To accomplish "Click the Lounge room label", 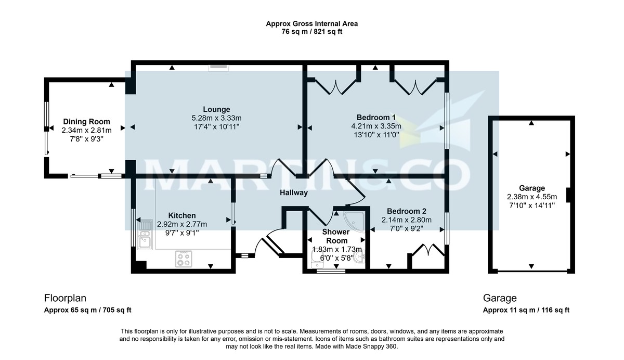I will point(216,109).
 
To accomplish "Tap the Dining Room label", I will point(86,122).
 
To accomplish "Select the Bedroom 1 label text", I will point(376,117).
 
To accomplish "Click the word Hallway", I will point(294,192).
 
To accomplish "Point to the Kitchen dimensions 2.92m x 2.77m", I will point(182,224).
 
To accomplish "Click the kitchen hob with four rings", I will point(184,259).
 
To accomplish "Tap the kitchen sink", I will point(144,236).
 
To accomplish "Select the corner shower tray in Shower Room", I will point(355,221).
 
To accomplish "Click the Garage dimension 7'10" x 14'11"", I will point(531,205).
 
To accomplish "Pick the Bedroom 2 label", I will point(407,211).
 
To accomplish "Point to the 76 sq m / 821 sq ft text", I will point(311,32).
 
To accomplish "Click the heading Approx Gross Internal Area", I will point(311,23).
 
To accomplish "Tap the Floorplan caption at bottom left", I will point(65,298).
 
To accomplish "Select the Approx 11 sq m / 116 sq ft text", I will point(526,310).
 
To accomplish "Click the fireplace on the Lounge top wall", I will point(218,67).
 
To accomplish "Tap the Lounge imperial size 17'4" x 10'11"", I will point(216,126).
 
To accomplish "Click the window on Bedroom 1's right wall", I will point(446,121).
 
